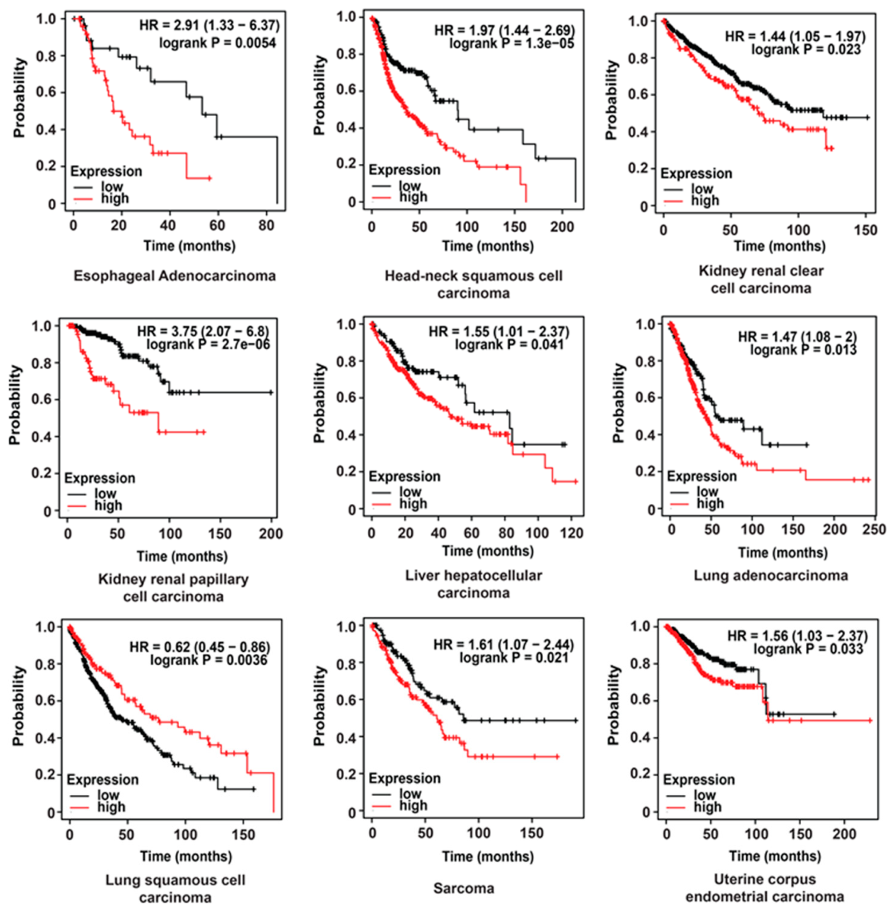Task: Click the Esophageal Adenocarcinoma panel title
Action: (174, 276)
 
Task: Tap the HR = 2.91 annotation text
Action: (209, 25)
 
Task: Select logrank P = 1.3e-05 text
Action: (512, 43)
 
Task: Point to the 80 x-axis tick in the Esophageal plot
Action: (267, 226)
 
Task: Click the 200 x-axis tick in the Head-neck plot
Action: (561, 227)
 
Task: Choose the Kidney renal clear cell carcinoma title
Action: (760, 279)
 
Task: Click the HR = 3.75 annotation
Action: (203, 332)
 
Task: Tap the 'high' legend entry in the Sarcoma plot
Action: (413, 805)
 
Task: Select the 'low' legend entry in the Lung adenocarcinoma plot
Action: (707, 491)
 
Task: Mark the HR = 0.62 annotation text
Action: (200, 647)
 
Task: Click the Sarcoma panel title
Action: (463, 888)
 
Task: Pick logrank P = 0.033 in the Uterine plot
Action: (808, 649)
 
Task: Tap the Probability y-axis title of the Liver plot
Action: (319, 403)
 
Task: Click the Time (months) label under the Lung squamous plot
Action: (186, 857)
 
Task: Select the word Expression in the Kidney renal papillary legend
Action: (99, 478)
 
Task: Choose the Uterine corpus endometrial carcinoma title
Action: (765, 888)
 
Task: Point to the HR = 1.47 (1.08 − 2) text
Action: (797, 336)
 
